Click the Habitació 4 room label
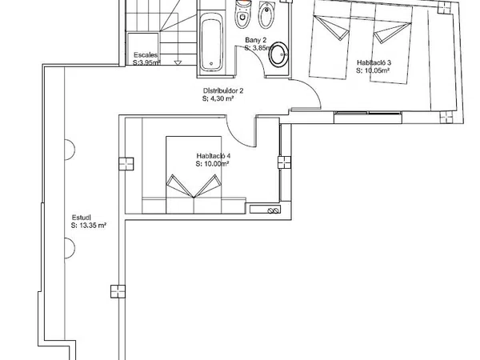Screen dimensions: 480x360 click(x=214, y=156)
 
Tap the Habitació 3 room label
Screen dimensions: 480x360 click(x=374, y=62)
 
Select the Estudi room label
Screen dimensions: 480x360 click(x=82, y=218)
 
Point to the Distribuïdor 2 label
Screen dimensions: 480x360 click(x=223, y=91)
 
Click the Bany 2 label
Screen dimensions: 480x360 click(x=256, y=40)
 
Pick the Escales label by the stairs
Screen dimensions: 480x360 click(x=146, y=55)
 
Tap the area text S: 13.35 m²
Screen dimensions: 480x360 click(x=89, y=226)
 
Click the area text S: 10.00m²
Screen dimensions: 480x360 click(x=213, y=164)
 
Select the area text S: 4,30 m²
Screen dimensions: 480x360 click(x=218, y=99)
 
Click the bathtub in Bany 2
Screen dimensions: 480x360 click(x=211, y=43)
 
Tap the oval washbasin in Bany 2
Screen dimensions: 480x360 click(x=278, y=54)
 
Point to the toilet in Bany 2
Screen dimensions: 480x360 click(x=243, y=14)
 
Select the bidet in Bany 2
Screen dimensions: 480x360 click(x=266, y=14)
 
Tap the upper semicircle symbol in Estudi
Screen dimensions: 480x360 click(x=70, y=150)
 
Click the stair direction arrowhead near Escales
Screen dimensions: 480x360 click(x=178, y=62)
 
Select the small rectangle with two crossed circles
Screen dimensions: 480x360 click(x=265, y=210)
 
